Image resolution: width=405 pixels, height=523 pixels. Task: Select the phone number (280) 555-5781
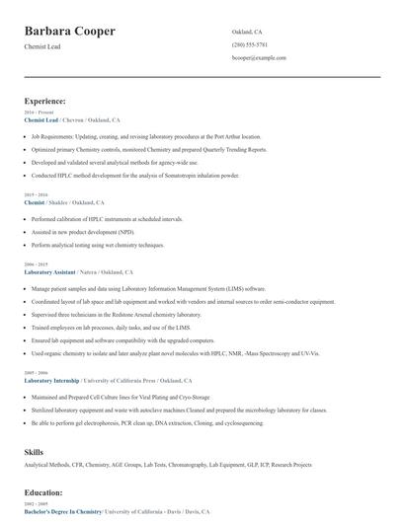click(x=249, y=44)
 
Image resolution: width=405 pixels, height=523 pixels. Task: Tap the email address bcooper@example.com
click(x=259, y=58)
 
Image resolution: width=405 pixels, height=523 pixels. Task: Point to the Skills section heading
click(x=34, y=450)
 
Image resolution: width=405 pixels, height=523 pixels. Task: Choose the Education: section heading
click(x=43, y=491)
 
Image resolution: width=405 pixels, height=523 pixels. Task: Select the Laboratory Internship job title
click(x=51, y=380)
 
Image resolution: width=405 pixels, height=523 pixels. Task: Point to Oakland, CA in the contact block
click(x=247, y=32)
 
